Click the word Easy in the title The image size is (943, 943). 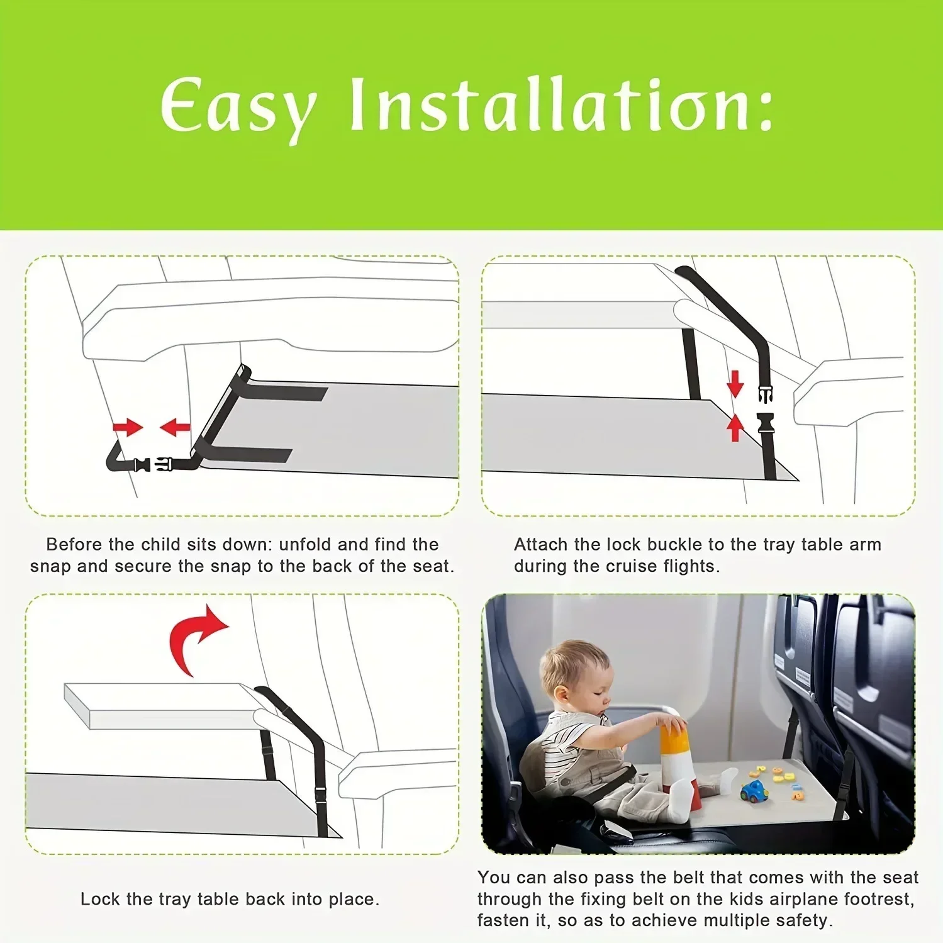[x=238, y=107]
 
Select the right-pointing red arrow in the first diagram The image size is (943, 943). [x=128, y=428]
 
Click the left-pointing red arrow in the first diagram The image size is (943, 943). [x=175, y=428]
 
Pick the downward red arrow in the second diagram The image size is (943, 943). [x=735, y=383]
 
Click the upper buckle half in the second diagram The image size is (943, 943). [x=765, y=394]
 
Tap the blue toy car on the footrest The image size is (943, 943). [x=754, y=791]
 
